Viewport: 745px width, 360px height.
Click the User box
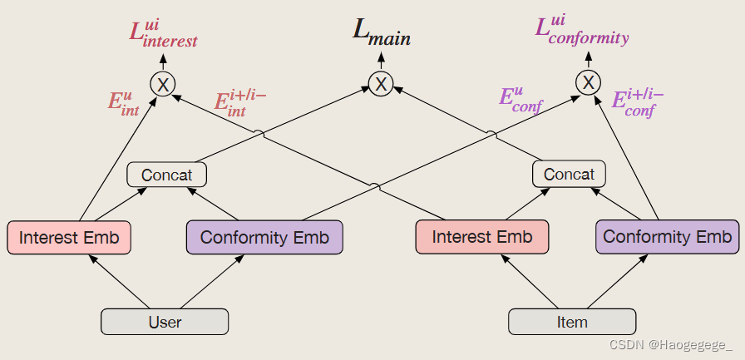click(x=165, y=322)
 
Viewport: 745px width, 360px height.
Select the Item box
click(x=572, y=322)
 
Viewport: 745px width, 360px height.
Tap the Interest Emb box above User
click(x=69, y=237)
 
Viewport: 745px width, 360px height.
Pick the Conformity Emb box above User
click(x=264, y=237)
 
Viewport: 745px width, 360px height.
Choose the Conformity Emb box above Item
click(x=667, y=237)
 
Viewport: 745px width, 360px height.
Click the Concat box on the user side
click(x=166, y=175)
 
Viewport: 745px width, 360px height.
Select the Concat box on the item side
click(x=569, y=175)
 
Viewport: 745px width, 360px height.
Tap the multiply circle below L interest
click(x=162, y=84)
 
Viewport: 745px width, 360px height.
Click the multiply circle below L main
click(x=381, y=83)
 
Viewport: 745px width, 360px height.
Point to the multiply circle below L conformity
click(x=588, y=82)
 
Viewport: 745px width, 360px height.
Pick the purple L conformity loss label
click(x=581, y=31)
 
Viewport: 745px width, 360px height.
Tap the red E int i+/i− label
click(x=239, y=101)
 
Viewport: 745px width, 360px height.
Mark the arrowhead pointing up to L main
click(x=381, y=58)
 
